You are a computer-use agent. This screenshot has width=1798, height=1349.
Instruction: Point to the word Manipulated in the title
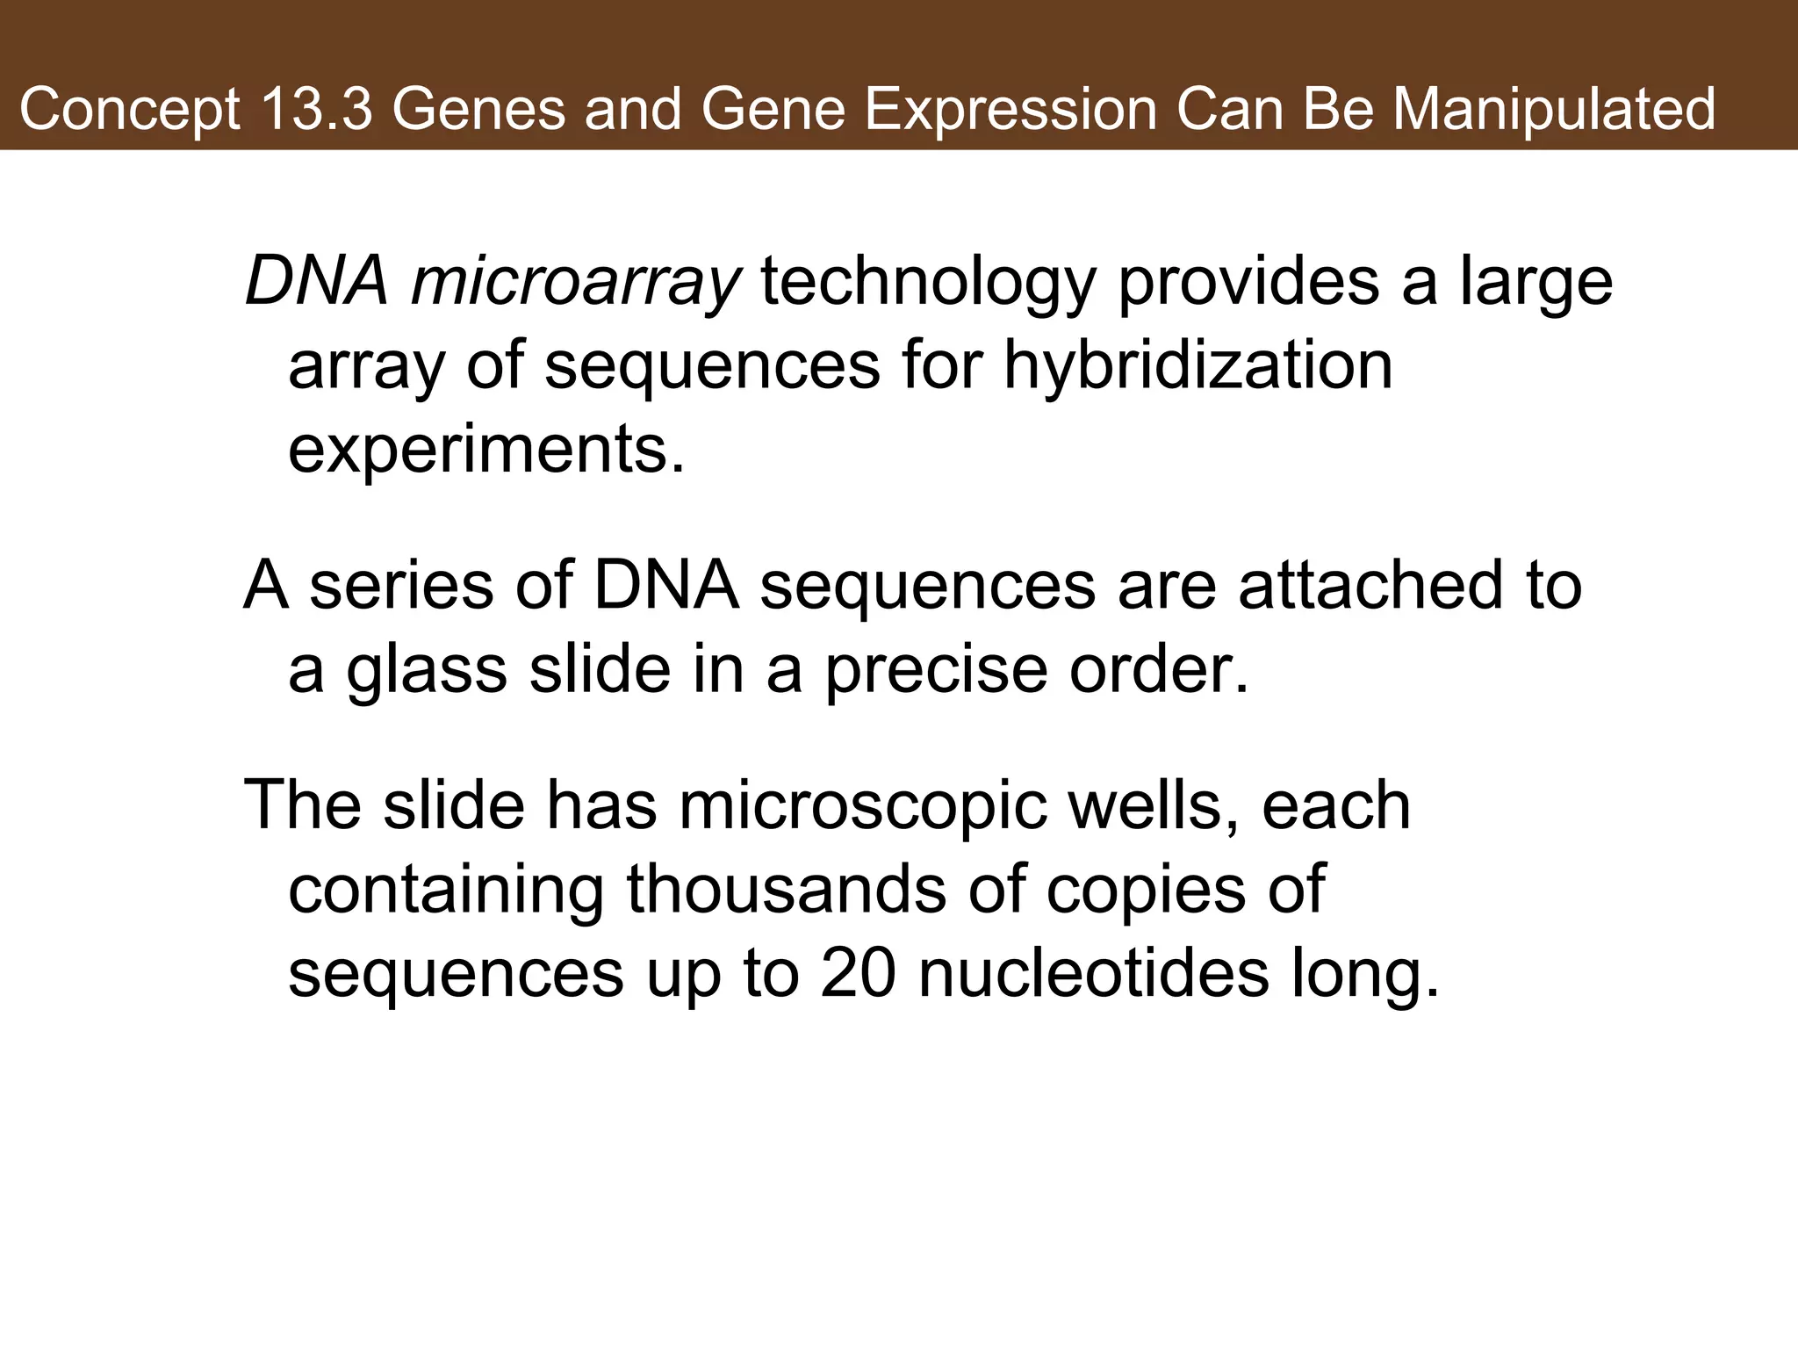[1554, 109]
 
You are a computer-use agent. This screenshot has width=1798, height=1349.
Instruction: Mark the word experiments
[485, 450]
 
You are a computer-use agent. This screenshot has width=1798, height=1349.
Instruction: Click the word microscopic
[862, 805]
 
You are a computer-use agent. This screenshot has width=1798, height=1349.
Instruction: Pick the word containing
[446, 890]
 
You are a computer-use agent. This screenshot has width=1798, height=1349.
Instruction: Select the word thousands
[787, 890]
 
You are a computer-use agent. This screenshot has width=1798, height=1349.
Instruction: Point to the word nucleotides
[1093, 974]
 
